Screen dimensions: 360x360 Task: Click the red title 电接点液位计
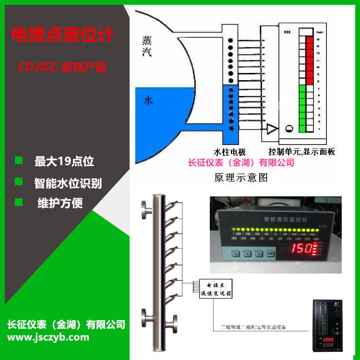[x=62, y=36]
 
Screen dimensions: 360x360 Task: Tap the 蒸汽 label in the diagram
[x=147, y=46]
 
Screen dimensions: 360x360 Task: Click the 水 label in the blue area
[x=148, y=101]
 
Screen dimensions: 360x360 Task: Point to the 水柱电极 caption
[x=233, y=152]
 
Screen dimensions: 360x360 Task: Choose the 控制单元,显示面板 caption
[x=301, y=152]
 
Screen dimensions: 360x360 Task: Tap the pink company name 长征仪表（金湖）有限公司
[x=241, y=163]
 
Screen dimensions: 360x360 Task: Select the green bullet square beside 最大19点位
[x=19, y=160]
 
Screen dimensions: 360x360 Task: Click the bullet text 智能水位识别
[x=68, y=183]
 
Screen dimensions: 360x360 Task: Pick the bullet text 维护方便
[x=60, y=203]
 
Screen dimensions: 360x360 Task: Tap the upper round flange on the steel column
[x=146, y=209]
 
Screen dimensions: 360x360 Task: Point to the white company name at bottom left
[x=67, y=324]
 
